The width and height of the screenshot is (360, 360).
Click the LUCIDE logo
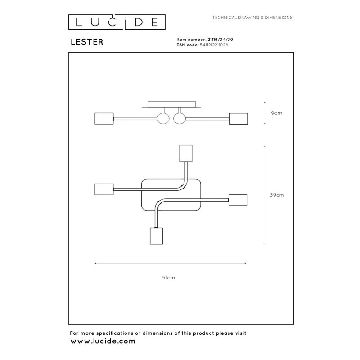point(117,22)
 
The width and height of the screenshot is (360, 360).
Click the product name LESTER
point(87,42)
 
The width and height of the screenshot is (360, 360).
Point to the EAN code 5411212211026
point(214,45)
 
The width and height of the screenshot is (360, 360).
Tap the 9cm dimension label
point(276,113)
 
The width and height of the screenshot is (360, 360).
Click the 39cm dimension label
point(277,195)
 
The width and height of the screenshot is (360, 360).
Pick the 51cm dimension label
point(168,278)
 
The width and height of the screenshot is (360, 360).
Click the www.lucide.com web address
point(103,341)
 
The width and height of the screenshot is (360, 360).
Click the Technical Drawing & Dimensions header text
point(252,18)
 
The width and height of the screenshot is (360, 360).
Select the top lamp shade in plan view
point(186,153)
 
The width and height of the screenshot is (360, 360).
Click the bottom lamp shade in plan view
point(156,236)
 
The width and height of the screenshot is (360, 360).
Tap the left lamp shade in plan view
point(104,189)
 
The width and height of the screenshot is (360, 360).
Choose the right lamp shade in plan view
point(238,200)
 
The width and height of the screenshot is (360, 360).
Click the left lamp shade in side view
point(104,119)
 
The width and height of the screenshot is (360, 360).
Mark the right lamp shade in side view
point(239,119)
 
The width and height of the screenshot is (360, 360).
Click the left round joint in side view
point(163,119)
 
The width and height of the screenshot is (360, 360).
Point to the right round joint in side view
point(180,119)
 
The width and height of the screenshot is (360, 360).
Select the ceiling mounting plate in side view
point(171,104)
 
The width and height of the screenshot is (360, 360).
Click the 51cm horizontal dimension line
point(171,263)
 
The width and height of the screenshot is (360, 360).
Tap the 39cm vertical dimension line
point(265,195)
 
